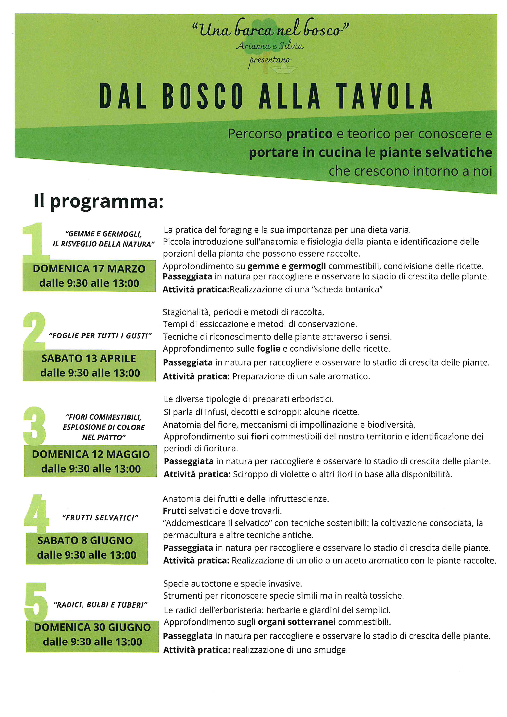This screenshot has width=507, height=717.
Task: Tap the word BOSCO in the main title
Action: (203, 96)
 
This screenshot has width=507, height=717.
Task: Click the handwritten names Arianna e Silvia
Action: (269, 46)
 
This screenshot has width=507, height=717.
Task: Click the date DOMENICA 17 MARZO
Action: (89, 269)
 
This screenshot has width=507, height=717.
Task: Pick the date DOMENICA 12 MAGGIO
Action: (91, 454)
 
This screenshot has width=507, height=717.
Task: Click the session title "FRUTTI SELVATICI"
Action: (100, 518)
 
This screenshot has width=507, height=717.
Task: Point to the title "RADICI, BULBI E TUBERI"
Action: (100, 605)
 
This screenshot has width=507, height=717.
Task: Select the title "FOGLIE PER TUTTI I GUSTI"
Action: (100, 336)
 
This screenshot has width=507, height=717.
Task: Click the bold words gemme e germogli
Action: (287, 266)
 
